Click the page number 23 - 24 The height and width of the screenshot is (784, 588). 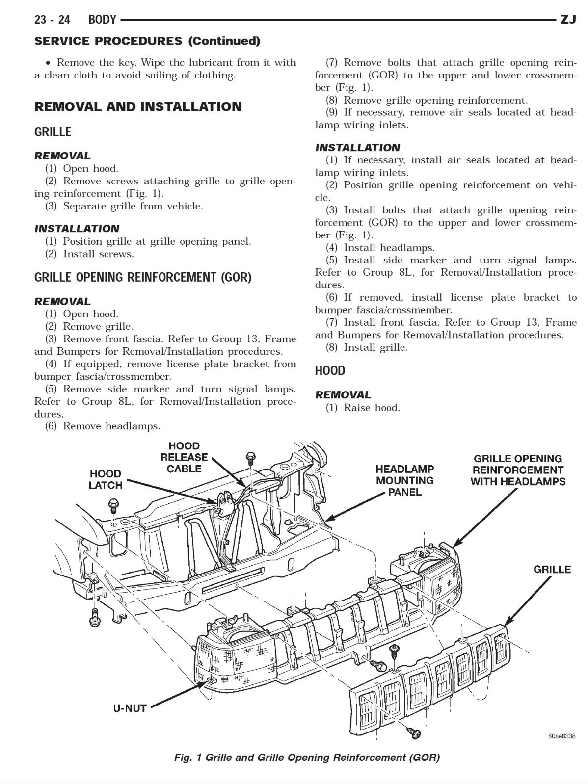(x=52, y=20)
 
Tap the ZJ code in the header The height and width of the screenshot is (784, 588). (x=568, y=20)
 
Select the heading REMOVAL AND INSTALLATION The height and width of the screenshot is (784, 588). (x=138, y=107)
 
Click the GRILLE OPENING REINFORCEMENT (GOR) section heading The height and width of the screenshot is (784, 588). (x=143, y=278)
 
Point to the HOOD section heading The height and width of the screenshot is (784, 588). (x=330, y=371)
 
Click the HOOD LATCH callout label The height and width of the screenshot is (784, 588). (x=105, y=479)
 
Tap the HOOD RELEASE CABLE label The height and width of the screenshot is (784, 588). (x=184, y=457)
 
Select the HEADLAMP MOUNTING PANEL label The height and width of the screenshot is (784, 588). (x=405, y=480)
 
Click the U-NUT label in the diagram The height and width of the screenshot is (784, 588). (x=130, y=708)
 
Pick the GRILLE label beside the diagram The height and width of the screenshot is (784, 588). (x=552, y=570)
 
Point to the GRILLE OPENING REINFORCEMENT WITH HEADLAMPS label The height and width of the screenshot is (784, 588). (x=518, y=470)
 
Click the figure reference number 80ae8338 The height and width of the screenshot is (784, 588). (x=561, y=736)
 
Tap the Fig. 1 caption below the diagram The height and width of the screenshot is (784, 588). (x=307, y=758)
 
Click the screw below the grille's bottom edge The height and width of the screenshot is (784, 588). (x=414, y=733)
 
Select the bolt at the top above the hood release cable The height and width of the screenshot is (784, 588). (x=251, y=458)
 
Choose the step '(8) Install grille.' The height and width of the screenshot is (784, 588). (x=366, y=348)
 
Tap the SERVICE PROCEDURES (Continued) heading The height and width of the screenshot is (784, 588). (x=147, y=41)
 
